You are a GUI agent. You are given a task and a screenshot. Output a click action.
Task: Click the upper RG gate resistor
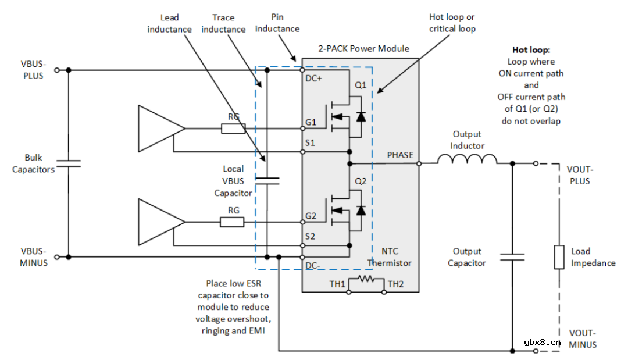coord(233,129)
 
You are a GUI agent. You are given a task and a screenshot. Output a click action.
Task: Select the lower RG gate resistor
coord(233,222)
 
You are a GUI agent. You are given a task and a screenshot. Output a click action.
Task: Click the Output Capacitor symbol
coord(512,256)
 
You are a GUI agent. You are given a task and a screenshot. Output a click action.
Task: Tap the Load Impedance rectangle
coord(559,257)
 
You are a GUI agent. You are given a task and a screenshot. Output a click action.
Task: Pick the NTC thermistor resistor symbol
coord(366,279)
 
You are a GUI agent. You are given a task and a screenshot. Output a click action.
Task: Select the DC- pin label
coord(313,265)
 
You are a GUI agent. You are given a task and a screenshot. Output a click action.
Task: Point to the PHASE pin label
coord(400,155)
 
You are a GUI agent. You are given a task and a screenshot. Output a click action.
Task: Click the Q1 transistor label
coord(361,85)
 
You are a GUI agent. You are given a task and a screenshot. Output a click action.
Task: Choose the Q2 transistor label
coord(361,181)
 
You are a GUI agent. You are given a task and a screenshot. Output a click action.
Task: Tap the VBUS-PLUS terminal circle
coord(56,70)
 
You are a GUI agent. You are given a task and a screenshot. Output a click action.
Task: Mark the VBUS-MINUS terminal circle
coord(56,256)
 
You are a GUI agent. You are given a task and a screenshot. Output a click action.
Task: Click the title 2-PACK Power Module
coord(363,49)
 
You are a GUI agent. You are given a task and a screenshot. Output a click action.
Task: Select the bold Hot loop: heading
coord(531,50)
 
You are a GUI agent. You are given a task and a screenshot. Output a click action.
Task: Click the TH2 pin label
coord(396,284)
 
